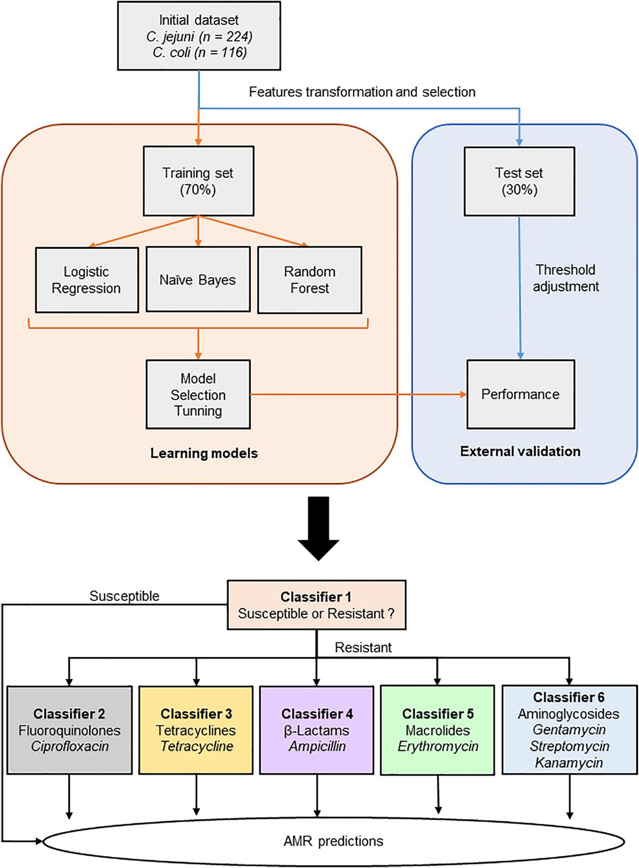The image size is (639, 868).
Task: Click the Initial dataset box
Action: pyautogui.click(x=199, y=36)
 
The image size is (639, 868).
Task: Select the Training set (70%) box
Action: pyautogui.click(x=198, y=181)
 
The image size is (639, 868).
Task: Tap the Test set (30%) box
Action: pyautogui.click(x=519, y=181)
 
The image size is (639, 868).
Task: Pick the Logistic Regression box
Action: pyautogui.click(x=87, y=280)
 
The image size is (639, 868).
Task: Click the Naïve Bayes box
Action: pyautogui.click(x=198, y=279)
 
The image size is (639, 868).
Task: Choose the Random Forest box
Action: pyautogui.click(x=309, y=280)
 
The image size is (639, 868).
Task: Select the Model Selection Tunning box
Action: pyautogui.click(x=198, y=394)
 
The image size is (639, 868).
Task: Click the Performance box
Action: pyautogui.click(x=520, y=394)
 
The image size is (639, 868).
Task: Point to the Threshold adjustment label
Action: pyautogui.click(x=566, y=278)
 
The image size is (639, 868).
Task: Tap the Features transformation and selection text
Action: pyautogui.click(x=362, y=92)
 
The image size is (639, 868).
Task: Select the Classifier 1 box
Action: pyautogui.click(x=316, y=605)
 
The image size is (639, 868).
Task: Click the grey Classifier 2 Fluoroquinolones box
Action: pyautogui.click(x=69, y=730)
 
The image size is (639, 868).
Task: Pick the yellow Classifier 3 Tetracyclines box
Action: pyautogui.click(x=196, y=730)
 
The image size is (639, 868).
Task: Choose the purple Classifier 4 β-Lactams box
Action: pyautogui.click(x=317, y=730)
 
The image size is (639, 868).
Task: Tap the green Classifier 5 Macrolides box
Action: pyautogui.click(x=438, y=730)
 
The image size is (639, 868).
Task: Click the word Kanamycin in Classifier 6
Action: pyautogui.click(x=569, y=763)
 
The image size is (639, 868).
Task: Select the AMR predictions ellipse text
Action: pyautogui.click(x=333, y=841)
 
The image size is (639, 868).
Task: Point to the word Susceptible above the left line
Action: pyautogui.click(x=124, y=596)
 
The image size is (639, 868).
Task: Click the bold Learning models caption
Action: pyautogui.click(x=204, y=453)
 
